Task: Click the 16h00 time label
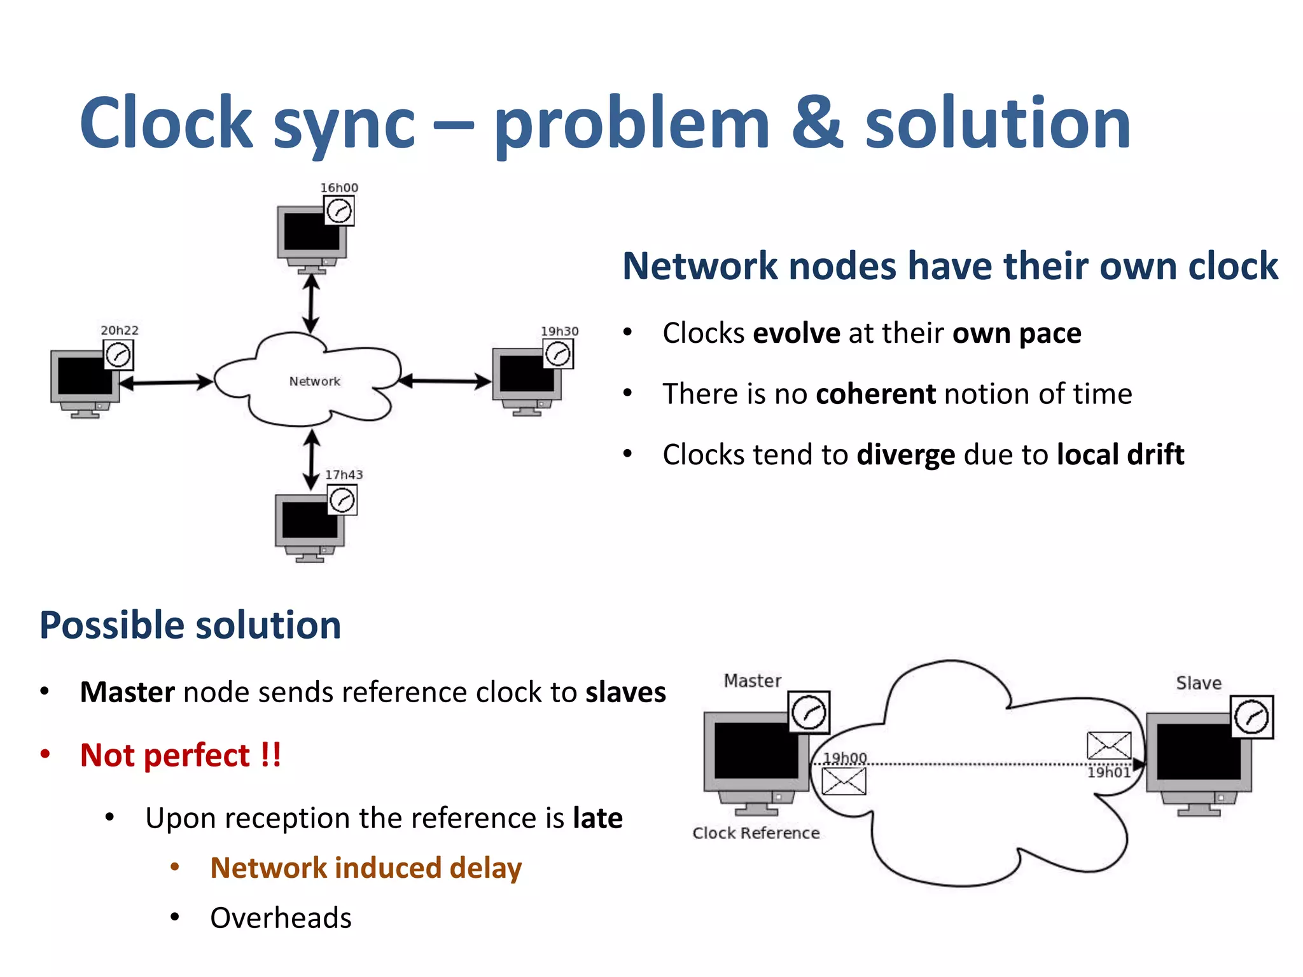click(338, 188)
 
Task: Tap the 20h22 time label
click(119, 330)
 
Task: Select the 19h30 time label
click(559, 331)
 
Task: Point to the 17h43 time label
click(344, 475)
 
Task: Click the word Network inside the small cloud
click(314, 381)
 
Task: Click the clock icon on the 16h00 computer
click(339, 211)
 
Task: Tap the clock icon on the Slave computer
click(1251, 717)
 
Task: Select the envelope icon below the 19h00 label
click(844, 781)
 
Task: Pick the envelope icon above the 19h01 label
click(1108, 745)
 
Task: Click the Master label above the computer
click(752, 681)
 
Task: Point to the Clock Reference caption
click(756, 833)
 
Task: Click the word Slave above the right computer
click(1199, 683)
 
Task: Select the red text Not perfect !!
click(180, 755)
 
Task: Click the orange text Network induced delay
click(366, 868)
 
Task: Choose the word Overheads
click(281, 918)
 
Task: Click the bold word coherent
click(875, 394)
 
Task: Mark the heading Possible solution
click(190, 625)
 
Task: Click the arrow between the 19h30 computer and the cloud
click(445, 382)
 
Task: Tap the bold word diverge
click(905, 455)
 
